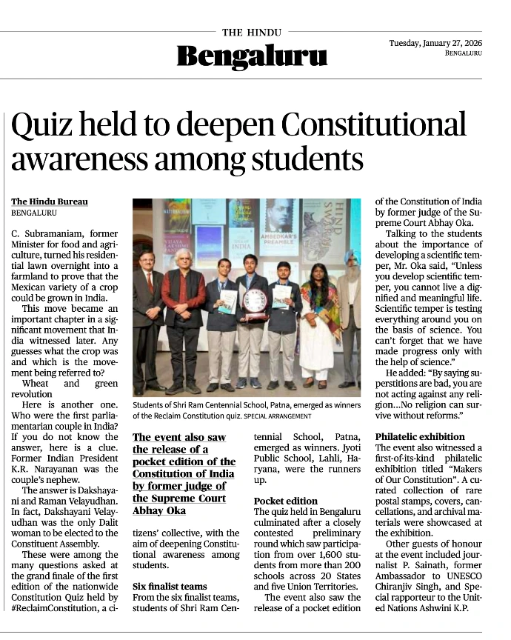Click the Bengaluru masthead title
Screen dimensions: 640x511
(252, 56)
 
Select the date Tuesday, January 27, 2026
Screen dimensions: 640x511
(435, 43)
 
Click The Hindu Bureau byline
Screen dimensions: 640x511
(50, 202)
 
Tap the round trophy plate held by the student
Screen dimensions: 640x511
(255, 301)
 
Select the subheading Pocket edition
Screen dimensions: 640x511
(286, 501)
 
